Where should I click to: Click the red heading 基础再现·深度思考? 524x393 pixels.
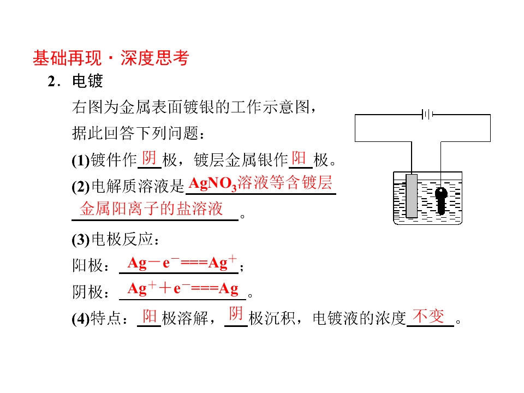tap(111, 58)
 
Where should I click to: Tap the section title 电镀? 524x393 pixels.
tap(87, 81)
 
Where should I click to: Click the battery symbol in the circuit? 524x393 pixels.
tap(427, 115)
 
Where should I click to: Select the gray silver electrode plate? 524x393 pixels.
tap(412, 196)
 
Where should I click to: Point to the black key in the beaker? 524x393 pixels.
tap(441, 200)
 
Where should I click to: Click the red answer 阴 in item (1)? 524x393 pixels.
tap(149, 158)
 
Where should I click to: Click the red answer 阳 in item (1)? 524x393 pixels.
tap(299, 158)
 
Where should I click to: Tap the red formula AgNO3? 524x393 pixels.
tap(212, 184)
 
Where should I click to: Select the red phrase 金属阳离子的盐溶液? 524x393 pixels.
tap(151, 209)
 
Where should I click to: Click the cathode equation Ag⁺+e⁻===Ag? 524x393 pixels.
tap(183, 288)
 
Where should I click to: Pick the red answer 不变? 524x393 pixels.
tap(428, 316)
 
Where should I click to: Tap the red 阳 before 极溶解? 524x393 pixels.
tap(150, 316)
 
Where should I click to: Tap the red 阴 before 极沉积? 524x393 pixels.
tap(236, 314)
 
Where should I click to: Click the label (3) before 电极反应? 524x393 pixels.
tap(81, 240)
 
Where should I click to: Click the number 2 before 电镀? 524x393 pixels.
tap(52, 81)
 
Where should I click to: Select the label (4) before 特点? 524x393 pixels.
tap(81, 318)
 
